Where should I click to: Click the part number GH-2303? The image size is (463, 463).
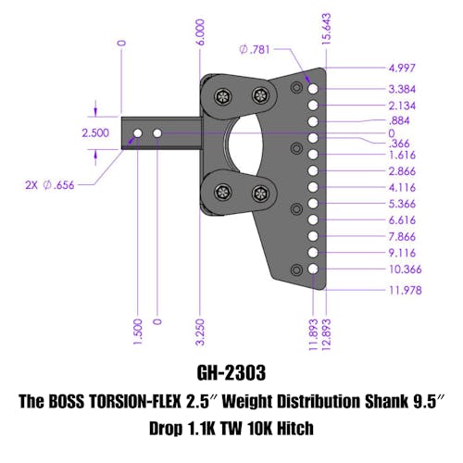click(x=231, y=372)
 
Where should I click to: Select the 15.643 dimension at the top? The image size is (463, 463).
click(x=326, y=29)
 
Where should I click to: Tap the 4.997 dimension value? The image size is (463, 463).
click(x=402, y=68)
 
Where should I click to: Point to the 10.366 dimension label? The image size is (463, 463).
click(x=406, y=269)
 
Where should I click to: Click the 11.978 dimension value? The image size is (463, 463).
click(x=406, y=290)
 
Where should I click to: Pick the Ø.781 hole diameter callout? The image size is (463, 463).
click(x=255, y=49)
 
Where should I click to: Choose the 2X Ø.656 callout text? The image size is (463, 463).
click(x=50, y=185)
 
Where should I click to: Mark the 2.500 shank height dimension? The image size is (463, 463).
click(x=95, y=133)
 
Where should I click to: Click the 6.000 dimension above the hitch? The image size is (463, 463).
click(x=200, y=32)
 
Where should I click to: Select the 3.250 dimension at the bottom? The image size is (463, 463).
click(x=200, y=332)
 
